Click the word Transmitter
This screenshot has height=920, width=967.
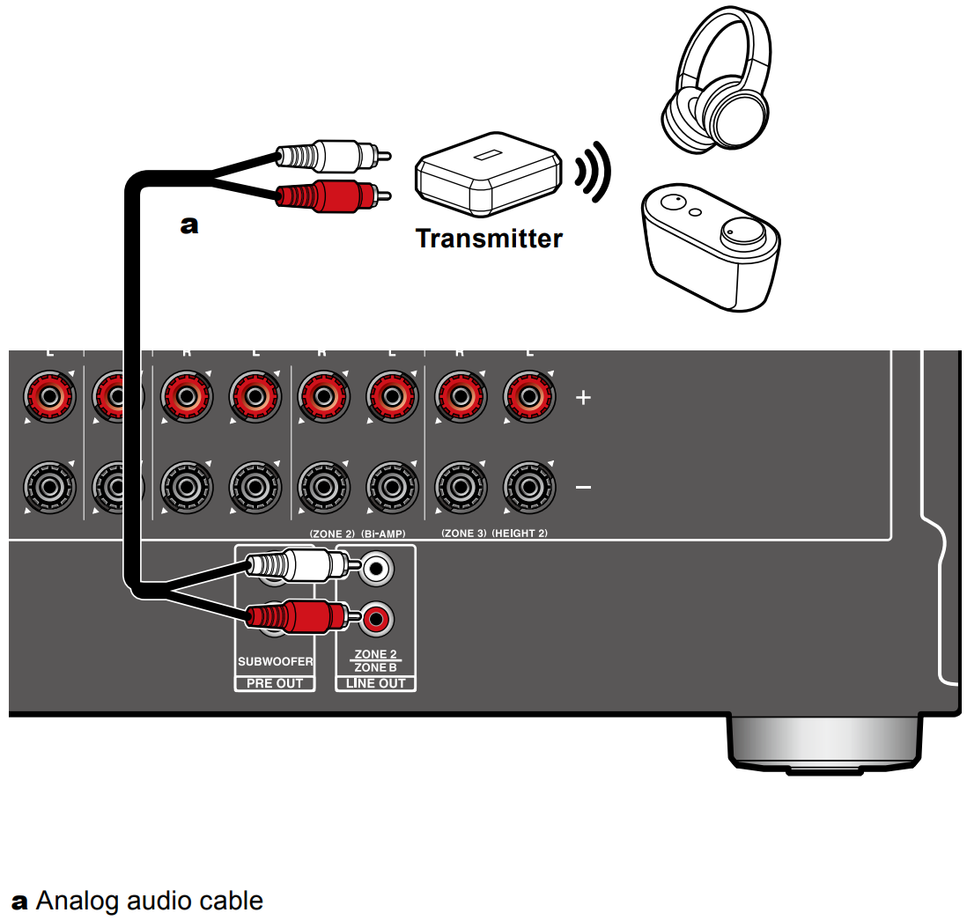(x=489, y=239)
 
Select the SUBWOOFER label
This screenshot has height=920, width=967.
(x=275, y=661)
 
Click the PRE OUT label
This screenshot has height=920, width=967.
(x=275, y=683)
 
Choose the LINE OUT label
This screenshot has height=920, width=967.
(x=375, y=683)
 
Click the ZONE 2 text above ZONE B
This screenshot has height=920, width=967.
(x=375, y=654)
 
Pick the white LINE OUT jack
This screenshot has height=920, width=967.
(x=377, y=569)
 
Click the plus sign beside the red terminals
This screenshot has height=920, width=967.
(x=583, y=397)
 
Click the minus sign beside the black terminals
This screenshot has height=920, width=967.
(x=583, y=486)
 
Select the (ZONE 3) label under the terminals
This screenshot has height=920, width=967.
(x=463, y=534)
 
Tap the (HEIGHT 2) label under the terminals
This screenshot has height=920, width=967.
(x=520, y=534)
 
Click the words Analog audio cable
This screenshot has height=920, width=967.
(x=150, y=901)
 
